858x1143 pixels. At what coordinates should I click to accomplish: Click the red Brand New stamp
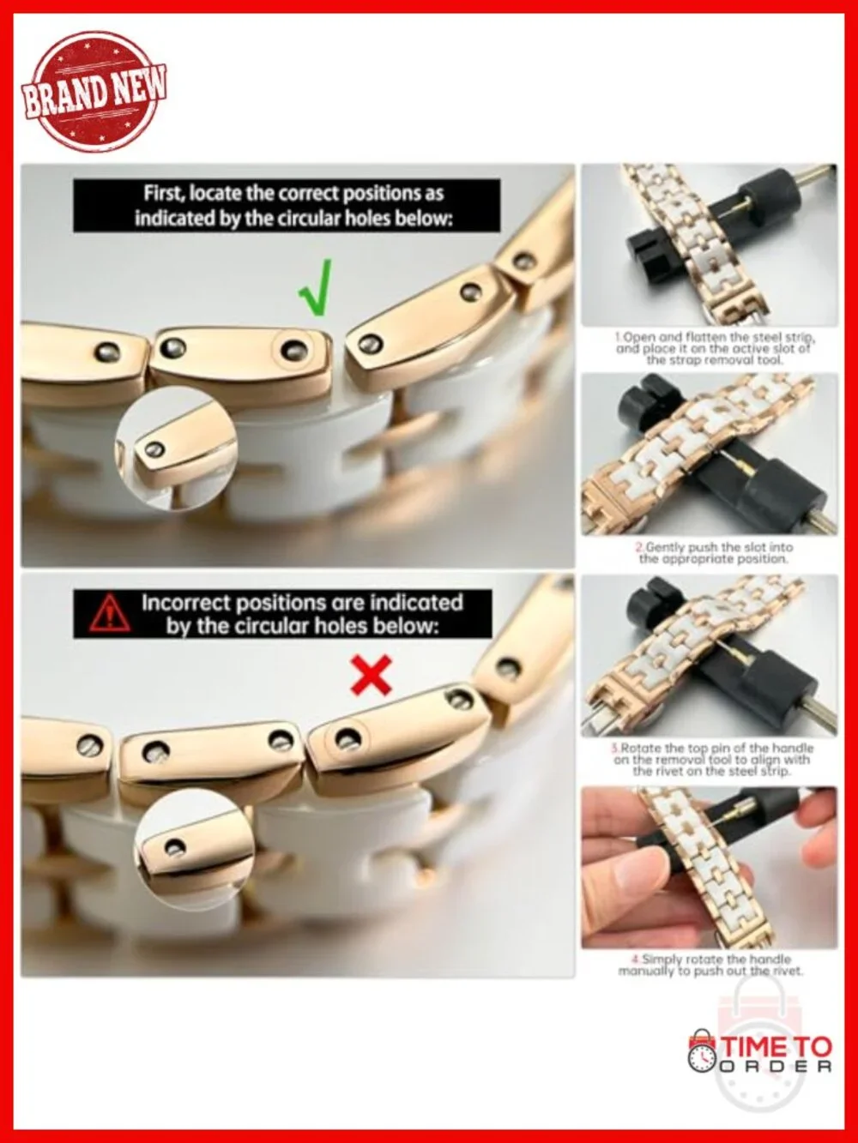(x=94, y=92)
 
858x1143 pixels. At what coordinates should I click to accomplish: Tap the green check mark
(x=316, y=288)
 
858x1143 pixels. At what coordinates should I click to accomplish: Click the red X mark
(x=371, y=675)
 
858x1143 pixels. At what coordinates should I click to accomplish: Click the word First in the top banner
(x=164, y=194)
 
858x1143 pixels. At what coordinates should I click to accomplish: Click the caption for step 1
(x=713, y=348)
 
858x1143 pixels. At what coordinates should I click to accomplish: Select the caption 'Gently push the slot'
(x=714, y=552)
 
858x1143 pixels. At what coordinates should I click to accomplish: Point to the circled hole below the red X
(x=346, y=738)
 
